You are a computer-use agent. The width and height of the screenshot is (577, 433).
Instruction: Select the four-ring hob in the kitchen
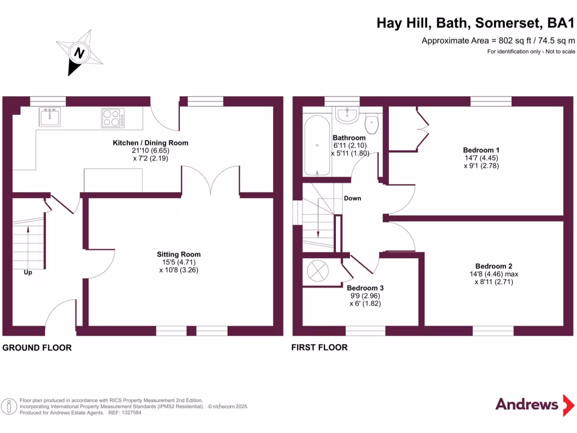click(x=113, y=117)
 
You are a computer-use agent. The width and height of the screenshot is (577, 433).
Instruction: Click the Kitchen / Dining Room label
click(x=150, y=143)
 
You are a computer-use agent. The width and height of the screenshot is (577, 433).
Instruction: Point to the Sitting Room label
click(x=179, y=254)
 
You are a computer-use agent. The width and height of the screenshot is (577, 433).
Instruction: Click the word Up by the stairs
click(x=28, y=273)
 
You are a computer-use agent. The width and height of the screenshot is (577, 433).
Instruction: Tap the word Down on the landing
click(x=352, y=198)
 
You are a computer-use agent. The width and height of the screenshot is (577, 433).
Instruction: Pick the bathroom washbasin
click(x=347, y=115)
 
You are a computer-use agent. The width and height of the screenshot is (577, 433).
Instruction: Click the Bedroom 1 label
click(x=481, y=150)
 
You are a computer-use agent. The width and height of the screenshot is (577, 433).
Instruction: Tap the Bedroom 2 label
click(x=494, y=266)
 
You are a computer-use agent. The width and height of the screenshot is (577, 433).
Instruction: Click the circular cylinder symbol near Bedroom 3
click(x=317, y=271)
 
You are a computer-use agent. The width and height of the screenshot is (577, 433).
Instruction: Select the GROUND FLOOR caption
click(x=37, y=348)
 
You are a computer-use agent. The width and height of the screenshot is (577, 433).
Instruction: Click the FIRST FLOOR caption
click(x=319, y=347)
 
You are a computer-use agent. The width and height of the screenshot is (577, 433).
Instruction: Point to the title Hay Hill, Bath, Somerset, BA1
click(x=476, y=23)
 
